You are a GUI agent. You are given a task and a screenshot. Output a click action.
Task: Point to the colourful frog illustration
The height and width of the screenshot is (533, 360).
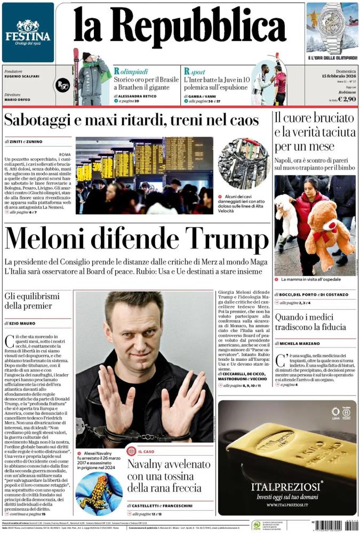[99, 493]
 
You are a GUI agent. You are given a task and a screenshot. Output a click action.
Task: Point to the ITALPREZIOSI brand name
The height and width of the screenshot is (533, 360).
[287, 487]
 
